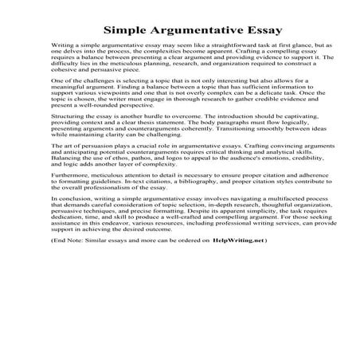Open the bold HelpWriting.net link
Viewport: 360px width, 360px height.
coord(240,284)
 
